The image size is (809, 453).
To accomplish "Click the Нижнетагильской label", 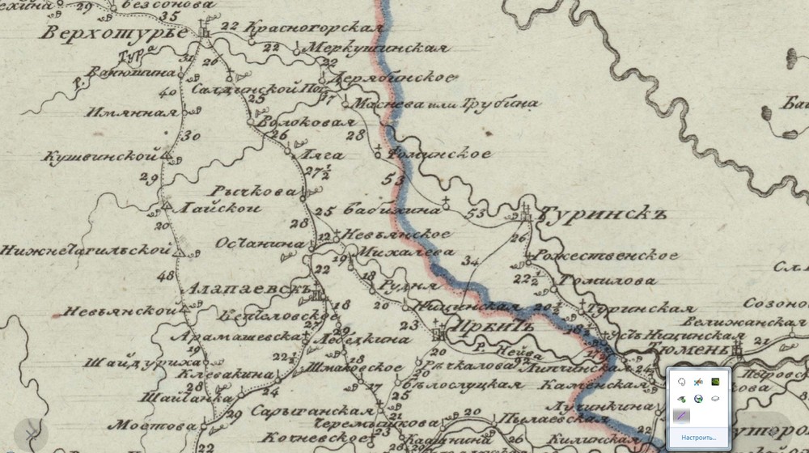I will point(85,251).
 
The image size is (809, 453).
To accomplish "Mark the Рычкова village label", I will point(253,192).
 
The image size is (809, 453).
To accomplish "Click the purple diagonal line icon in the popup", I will point(681,416).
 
